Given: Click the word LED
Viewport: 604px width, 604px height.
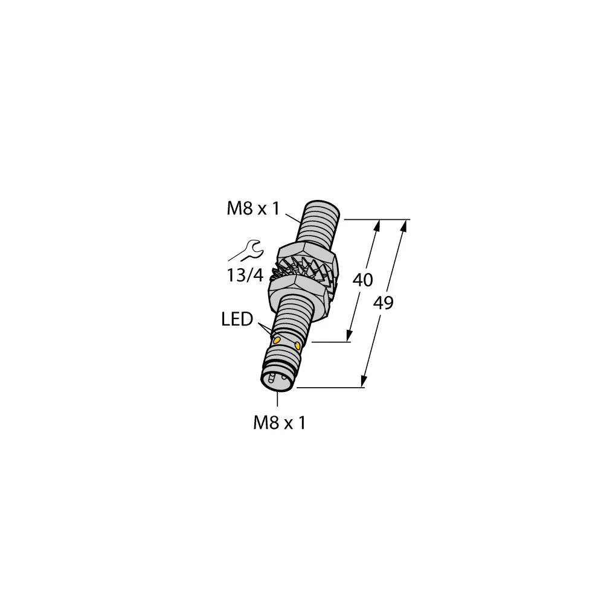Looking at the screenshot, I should pos(237,320).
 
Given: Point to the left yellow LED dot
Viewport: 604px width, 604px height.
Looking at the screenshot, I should pos(277,341).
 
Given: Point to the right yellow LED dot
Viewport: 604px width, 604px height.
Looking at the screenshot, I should pos(298,345).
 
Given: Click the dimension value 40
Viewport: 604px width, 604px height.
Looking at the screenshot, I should pos(362,280).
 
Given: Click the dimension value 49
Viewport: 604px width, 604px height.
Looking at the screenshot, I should pos(382,303).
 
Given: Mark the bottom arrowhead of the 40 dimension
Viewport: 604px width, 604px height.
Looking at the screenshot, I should pos(350,337).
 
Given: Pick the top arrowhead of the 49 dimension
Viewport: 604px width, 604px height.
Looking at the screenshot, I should pos(405,225).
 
